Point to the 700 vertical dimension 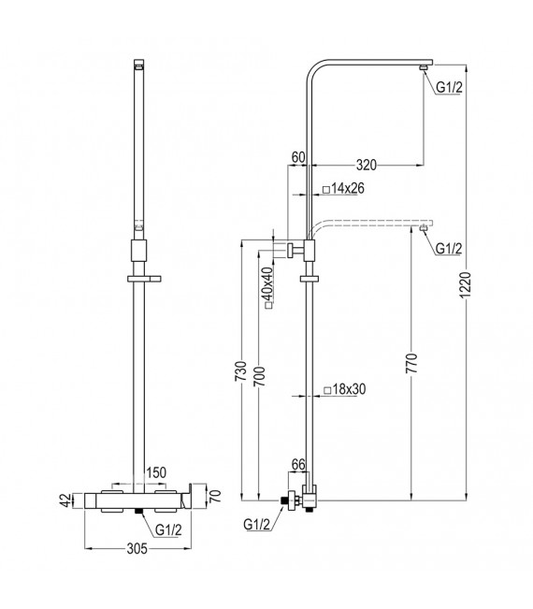click(261, 373)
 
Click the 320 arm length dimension click(367, 166)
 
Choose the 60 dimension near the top click(298, 157)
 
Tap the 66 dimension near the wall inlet click(299, 465)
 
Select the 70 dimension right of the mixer click(215, 494)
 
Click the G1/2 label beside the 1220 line click(449, 87)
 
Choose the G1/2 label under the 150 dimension click(168, 529)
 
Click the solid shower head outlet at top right click(425, 66)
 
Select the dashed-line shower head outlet click(425, 225)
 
